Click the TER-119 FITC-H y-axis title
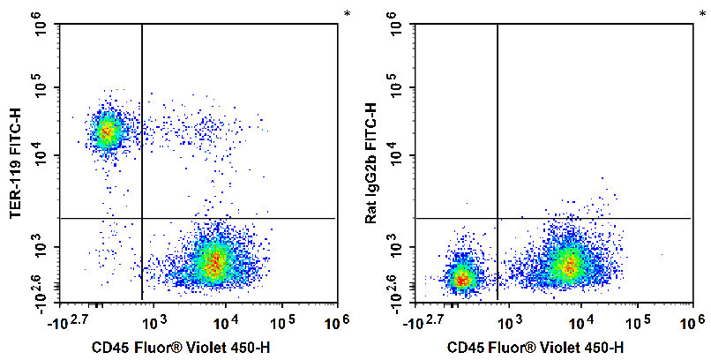(x=14, y=163)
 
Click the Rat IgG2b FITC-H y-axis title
(x=370, y=163)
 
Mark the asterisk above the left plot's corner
(x=346, y=13)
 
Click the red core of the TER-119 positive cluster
(x=107, y=131)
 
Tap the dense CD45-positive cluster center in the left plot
(x=213, y=261)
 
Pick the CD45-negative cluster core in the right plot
(x=460, y=279)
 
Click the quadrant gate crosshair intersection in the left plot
(x=142, y=218)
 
